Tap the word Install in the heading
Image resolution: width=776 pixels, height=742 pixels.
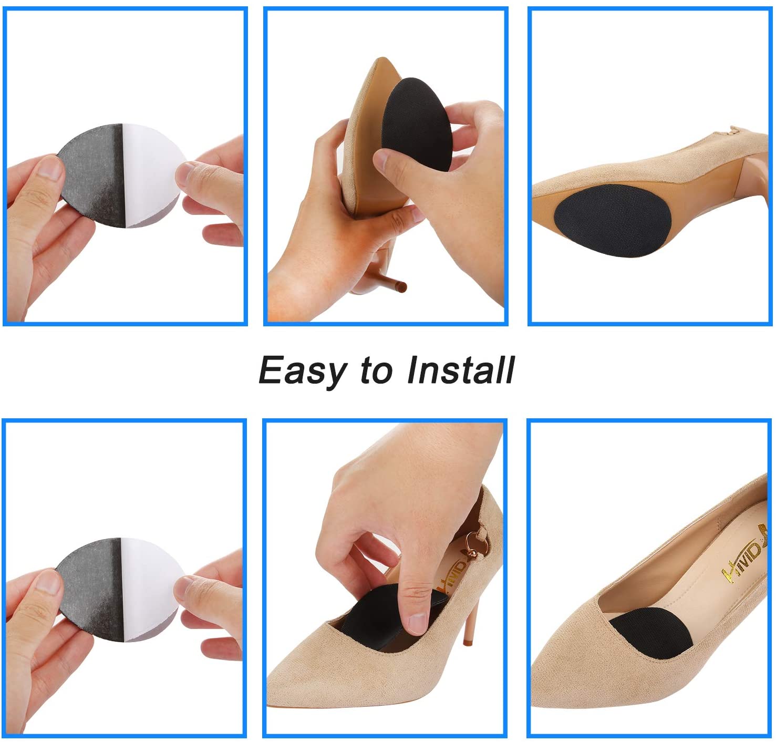[461, 370]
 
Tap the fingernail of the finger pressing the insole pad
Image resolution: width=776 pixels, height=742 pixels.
[417, 623]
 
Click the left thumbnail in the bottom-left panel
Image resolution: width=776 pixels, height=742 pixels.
[48, 582]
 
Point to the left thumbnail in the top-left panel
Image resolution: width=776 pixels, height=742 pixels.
[50, 168]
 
